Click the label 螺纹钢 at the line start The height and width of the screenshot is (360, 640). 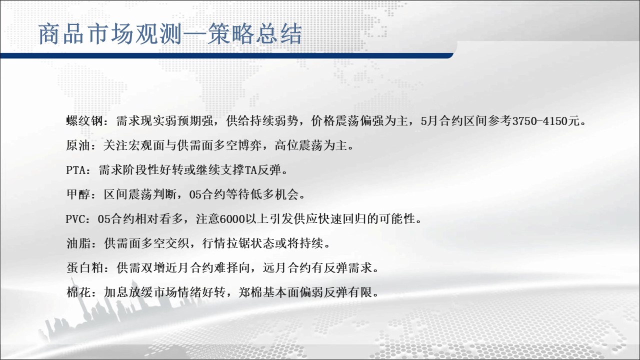tap(84, 121)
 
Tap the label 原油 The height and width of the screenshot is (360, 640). tap(78, 145)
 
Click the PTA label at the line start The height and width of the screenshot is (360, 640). tap(75, 170)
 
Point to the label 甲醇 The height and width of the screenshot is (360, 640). tap(78, 194)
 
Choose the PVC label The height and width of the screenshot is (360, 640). tap(75, 219)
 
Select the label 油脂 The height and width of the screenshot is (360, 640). tap(78, 243)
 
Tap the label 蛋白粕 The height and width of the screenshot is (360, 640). tap(84, 267)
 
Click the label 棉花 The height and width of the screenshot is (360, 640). tap(78, 292)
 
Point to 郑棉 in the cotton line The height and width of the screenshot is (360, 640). tap(250, 292)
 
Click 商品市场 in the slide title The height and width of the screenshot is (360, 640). tap(86, 34)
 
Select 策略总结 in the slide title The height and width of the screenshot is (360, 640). tap(254, 34)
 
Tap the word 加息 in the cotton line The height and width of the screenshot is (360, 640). tap(115, 292)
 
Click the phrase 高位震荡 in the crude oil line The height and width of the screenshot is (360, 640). tap(298, 145)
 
